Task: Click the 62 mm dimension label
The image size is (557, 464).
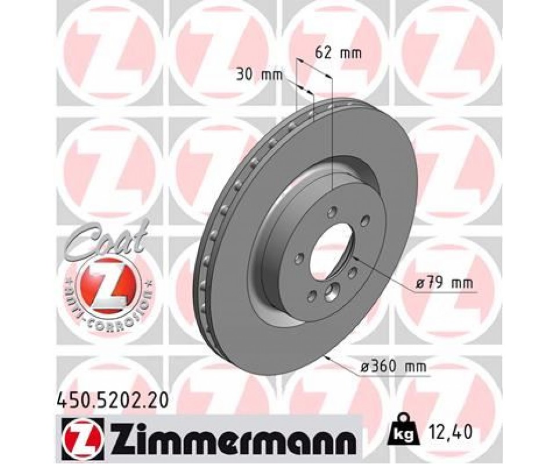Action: tap(338, 53)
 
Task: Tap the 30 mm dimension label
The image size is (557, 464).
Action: tap(260, 75)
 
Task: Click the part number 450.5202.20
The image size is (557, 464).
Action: tap(111, 401)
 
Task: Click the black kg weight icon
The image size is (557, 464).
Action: tap(406, 429)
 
